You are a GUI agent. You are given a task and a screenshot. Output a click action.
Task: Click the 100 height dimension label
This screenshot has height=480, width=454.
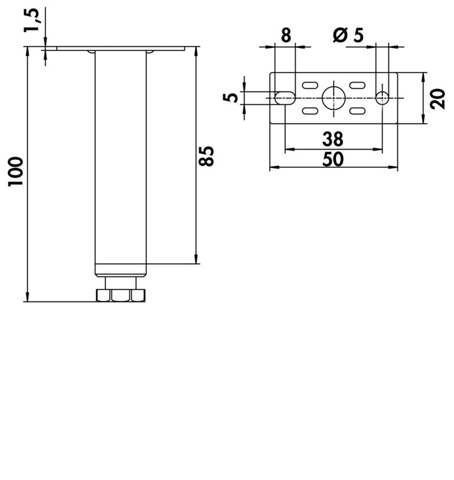(16, 172)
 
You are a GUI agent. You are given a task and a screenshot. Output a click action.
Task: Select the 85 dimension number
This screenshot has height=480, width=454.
(206, 156)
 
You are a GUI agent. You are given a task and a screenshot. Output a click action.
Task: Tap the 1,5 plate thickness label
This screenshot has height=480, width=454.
(32, 20)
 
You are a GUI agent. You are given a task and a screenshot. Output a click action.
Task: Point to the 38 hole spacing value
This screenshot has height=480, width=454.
(333, 139)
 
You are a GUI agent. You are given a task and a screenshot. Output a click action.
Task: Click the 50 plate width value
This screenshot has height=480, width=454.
(333, 159)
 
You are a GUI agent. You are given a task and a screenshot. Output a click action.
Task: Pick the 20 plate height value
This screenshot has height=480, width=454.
(438, 98)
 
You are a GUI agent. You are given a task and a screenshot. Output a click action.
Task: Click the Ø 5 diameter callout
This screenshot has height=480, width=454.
(349, 35)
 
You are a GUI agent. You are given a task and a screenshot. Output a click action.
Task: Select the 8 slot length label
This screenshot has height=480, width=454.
(286, 35)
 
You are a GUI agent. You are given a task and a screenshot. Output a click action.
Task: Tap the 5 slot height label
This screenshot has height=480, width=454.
(230, 98)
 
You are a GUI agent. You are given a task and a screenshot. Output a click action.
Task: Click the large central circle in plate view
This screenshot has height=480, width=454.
(334, 98)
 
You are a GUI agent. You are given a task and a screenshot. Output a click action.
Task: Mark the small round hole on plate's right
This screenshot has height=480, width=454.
(382, 98)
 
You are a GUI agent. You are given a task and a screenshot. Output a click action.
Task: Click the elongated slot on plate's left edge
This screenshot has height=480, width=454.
(285, 98)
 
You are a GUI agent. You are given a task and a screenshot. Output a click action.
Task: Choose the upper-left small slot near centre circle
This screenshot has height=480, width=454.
(310, 85)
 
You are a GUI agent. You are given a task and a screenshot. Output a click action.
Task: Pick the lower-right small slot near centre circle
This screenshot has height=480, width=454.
(358, 110)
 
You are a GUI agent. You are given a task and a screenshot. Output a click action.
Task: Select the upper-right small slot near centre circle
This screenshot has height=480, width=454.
(358, 85)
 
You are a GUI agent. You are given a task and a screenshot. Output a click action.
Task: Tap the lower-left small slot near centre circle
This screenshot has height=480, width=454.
(310, 110)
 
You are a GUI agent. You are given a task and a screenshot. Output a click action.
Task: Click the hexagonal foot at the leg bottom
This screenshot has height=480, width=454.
(120, 295)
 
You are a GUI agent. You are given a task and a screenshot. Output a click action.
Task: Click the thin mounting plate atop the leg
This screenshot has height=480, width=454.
(121, 49)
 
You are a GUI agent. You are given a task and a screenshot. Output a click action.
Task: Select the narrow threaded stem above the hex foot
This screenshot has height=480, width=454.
(120, 283)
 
